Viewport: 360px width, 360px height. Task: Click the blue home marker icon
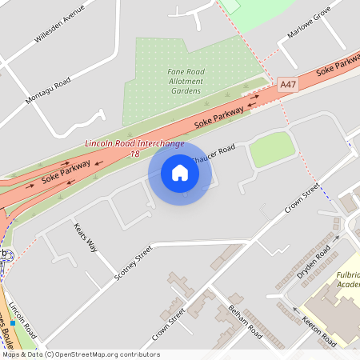pyautogui.click(x=180, y=172)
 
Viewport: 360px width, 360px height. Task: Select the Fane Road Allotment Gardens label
pyautogui.click(x=186, y=81)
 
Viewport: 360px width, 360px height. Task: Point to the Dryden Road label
pyautogui.click(x=313, y=263)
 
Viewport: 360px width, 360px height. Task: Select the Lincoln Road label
pyautogui.click(x=24, y=321)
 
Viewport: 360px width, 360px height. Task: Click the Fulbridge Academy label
pyautogui.click(x=348, y=279)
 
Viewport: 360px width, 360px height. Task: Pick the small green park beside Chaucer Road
pyautogui.click(x=272, y=149)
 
